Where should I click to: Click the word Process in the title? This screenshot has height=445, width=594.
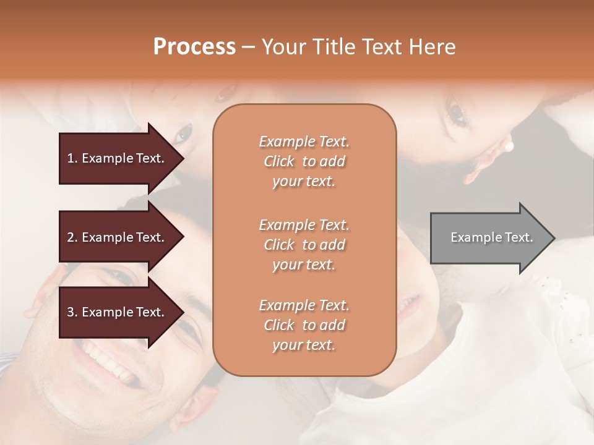pos(194,47)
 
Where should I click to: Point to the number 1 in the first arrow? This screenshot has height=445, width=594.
pos(71,158)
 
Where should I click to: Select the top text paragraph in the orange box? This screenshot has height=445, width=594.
pos(304,161)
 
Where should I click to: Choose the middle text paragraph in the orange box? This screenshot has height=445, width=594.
pos(304,245)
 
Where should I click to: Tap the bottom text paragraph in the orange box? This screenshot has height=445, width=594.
pos(304,325)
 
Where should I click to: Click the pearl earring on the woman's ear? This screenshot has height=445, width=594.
pos(509,146)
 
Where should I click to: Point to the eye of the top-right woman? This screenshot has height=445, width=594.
pos(457,113)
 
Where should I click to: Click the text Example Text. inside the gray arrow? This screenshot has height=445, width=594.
pos(492,237)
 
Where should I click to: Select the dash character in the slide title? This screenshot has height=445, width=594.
pos(249,48)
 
